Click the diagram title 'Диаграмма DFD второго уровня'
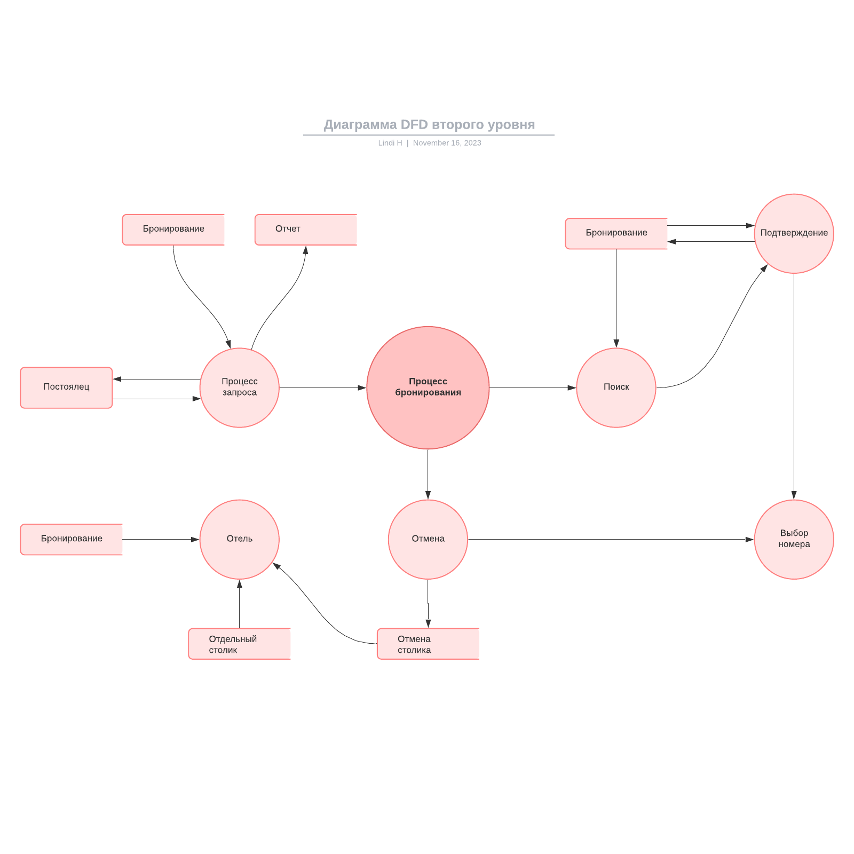[429, 125]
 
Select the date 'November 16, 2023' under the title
[447, 143]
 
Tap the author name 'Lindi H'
[390, 143]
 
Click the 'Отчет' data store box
[305, 230]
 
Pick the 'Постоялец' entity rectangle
[66, 388]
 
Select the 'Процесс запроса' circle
[240, 388]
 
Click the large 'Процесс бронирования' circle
[428, 388]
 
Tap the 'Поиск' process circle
[616, 388]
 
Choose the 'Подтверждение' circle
[794, 233]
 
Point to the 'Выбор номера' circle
[794, 539]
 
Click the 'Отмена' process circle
[428, 539]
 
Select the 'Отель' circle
[240, 539]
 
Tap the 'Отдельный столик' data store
[239, 644]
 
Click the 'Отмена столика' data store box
[428, 644]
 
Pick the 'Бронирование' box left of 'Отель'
[72, 539]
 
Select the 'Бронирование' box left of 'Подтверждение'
[616, 233]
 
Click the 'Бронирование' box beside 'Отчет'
[173, 230]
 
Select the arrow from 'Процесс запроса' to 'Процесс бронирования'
[322, 388]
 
